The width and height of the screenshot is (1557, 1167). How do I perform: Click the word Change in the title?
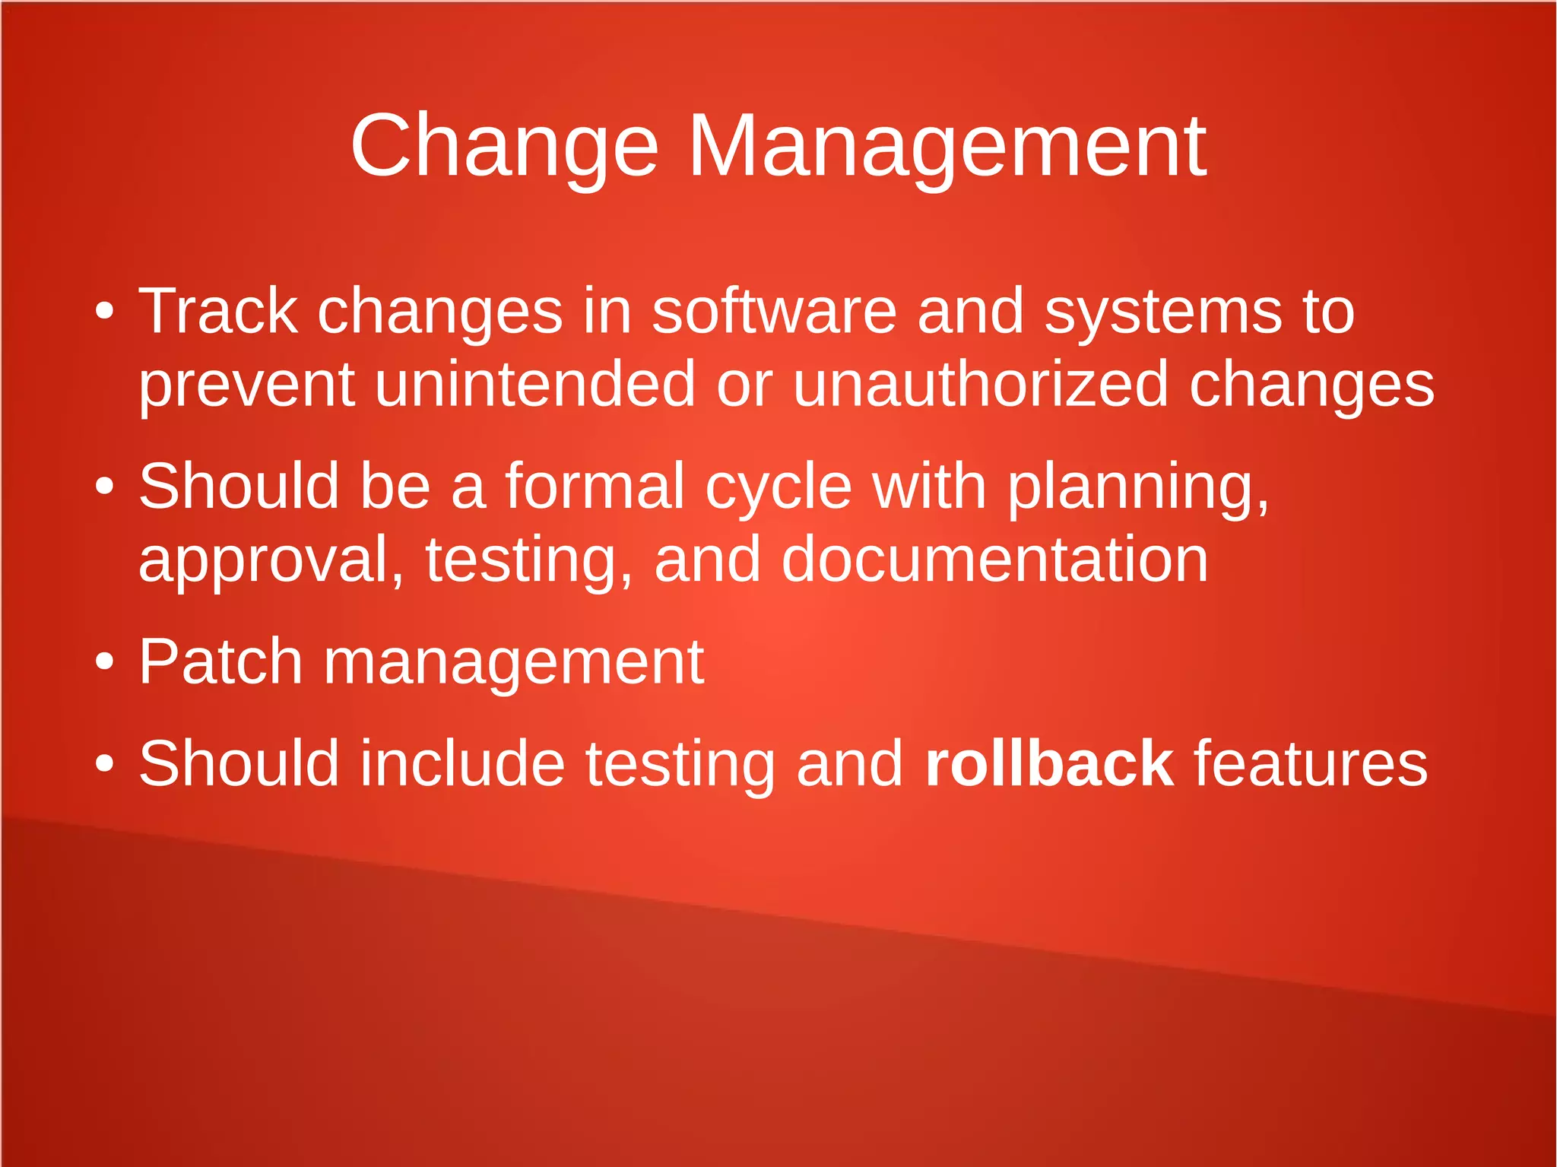tap(504, 146)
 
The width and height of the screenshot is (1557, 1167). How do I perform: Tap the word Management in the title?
tap(947, 146)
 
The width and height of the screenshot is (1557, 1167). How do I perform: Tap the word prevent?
tap(246, 385)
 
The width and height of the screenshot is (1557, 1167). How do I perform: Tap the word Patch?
tap(220, 661)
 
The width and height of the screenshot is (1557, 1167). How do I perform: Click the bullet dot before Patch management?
tap(105, 662)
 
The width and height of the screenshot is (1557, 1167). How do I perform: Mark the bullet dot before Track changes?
tap(105, 311)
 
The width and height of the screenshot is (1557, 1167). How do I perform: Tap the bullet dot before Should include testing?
tap(105, 763)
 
